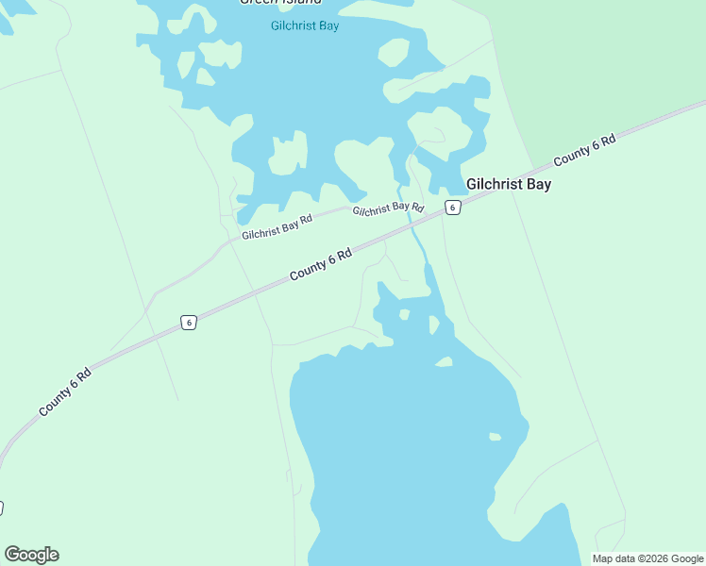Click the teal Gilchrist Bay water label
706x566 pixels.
(304, 25)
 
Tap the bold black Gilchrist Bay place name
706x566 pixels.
(508, 184)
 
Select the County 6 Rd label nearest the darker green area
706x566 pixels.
(584, 149)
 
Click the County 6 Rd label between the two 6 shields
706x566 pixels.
(320, 263)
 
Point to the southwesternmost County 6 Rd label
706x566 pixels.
(65, 392)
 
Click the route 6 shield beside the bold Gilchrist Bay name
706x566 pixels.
(453, 208)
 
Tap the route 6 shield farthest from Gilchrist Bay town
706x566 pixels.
(189, 323)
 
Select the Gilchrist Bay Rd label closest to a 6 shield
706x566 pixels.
(388, 208)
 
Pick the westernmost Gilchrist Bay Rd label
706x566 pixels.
(277, 226)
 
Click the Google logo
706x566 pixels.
(31, 554)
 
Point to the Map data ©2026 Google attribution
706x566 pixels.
(647, 558)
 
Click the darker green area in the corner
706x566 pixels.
(614, 57)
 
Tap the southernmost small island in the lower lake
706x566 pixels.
(495, 436)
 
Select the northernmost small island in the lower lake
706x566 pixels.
(405, 314)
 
